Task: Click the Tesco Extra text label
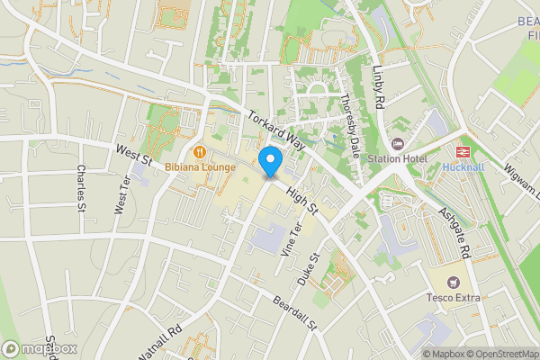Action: click(x=453, y=297)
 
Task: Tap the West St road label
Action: click(x=132, y=155)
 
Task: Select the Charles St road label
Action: click(x=81, y=183)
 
